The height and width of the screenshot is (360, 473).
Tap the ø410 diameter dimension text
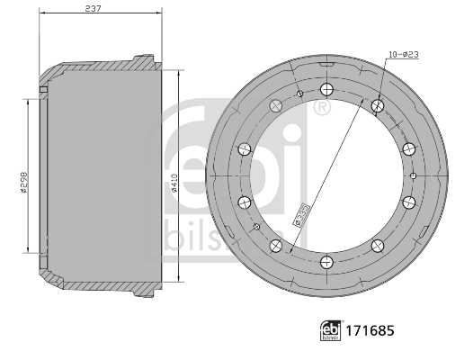coord(173,184)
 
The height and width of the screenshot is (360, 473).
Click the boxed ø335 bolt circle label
coord(302,212)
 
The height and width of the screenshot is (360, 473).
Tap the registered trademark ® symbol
coord(321,107)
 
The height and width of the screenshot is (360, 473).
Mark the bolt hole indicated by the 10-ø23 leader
coord(378,106)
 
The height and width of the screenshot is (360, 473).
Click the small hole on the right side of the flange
coord(412,175)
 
